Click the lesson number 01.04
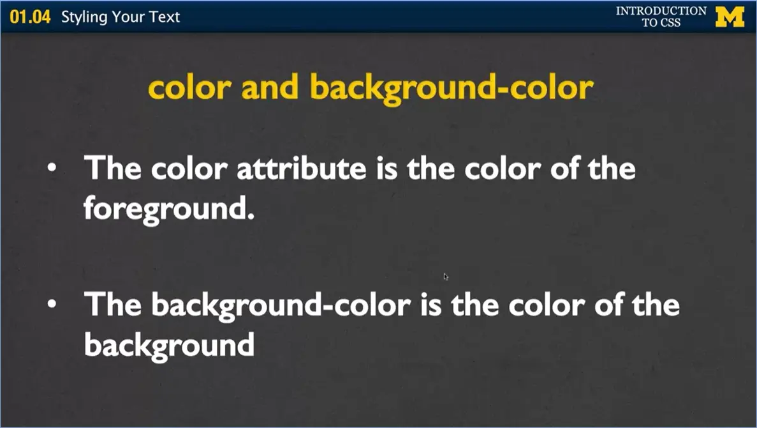[x=29, y=17]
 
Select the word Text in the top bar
[x=165, y=17]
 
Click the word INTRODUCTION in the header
[x=661, y=11]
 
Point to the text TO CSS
[x=661, y=23]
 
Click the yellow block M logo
[x=730, y=17]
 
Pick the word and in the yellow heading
[x=270, y=87]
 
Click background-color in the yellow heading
[x=452, y=88]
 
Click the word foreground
[x=169, y=210]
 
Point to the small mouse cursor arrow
[x=446, y=276]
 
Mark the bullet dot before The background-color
[x=52, y=305]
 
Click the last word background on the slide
[x=169, y=346]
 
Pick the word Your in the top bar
[x=132, y=17]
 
